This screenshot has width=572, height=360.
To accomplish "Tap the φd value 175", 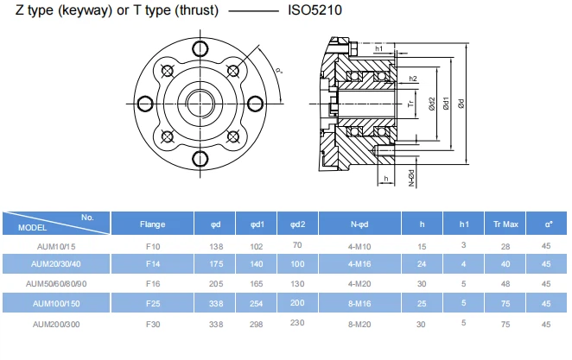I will [x=215, y=264].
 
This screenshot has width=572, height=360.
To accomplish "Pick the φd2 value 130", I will [x=298, y=283].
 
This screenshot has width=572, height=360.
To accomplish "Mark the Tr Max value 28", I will [x=505, y=246].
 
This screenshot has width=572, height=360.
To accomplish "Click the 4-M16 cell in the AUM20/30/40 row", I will [x=360, y=264].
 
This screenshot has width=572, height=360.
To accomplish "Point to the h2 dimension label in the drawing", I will [x=414, y=79].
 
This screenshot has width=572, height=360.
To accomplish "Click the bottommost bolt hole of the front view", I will [x=200, y=157].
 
